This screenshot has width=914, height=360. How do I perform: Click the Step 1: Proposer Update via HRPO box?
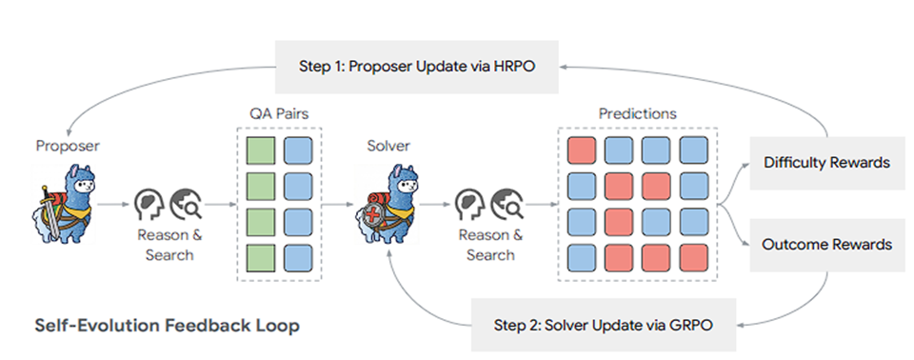pyautogui.click(x=417, y=67)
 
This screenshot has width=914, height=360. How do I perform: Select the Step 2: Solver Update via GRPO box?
pyautogui.click(x=604, y=325)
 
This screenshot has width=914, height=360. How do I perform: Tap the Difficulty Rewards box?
pyautogui.click(x=827, y=163)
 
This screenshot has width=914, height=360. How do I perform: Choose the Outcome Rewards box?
pyautogui.click(x=827, y=244)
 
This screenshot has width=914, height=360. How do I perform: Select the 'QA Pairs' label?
pyautogui.click(x=279, y=113)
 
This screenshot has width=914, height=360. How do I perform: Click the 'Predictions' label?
pyautogui.click(x=638, y=113)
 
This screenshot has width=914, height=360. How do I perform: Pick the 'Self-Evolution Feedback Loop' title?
pyautogui.click(x=168, y=325)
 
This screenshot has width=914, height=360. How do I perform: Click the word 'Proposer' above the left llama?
pyautogui.click(x=68, y=146)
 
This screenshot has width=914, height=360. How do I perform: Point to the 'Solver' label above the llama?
pyautogui.click(x=387, y=146)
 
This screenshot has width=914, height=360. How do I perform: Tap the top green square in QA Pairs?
pyautogui.click(x=260, y=150)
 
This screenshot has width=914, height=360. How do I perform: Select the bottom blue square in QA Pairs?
pyautogui.click(x=298, y=257)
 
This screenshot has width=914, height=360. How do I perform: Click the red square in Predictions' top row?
pyautogui.click(x=581, y=150)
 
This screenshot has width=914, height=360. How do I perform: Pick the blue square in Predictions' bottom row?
pyautogui.click(x=581, y=257)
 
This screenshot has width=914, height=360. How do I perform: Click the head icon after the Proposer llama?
pyautogui.click(x=148, y=204)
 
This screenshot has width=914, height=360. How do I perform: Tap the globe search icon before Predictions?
pyautogui.click(x=505, y=204)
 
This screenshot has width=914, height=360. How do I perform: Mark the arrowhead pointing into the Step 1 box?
pyautogui.click(x=563, y=67)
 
